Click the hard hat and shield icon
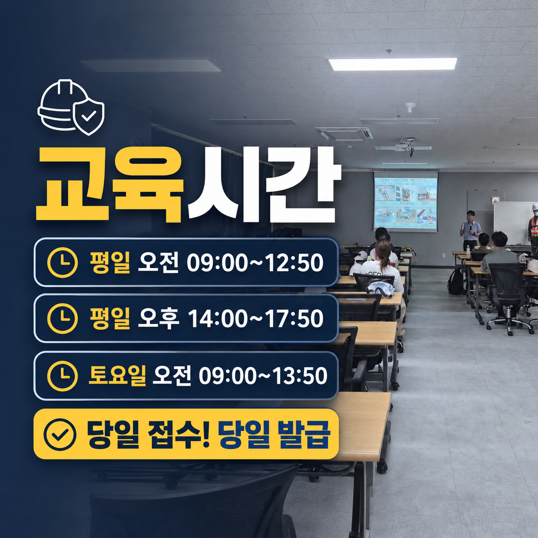71,108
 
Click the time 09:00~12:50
255,263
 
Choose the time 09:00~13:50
263,376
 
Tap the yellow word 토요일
117,375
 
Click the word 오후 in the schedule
158,319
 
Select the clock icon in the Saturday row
63,376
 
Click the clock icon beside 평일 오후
63,319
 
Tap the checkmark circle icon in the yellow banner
60,435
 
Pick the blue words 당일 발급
274,435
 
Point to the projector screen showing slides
406,202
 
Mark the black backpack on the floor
456,281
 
